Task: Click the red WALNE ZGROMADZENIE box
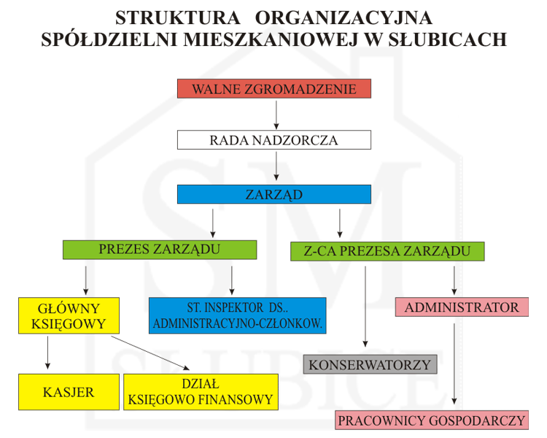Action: [273, 88]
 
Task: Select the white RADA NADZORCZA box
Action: [273, 139]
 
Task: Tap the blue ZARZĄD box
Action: [273, 194]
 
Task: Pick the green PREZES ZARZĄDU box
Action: [160, 250]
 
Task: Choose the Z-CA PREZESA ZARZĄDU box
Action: [387, 251]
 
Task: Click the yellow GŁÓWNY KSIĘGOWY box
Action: [69, 315]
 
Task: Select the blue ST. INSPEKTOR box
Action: [237, 315]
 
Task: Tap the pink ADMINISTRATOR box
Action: [462, 307]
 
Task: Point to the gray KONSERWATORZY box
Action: [370, 364]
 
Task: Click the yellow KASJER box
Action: [69, 392]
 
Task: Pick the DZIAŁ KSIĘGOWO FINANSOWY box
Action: [201, 392]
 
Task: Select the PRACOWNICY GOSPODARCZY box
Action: [432, 420]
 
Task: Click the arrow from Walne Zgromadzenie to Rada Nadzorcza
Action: [276, 115]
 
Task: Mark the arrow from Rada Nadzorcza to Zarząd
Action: [276, 166]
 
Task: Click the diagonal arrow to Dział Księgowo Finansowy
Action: [150, 353]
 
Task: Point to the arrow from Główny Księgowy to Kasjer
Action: [48, 353]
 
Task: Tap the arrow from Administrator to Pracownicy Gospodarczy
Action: [454, 364]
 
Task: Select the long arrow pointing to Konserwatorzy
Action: [365, 307]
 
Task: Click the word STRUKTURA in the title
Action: [177, 18]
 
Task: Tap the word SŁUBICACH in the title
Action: [448, 39]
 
